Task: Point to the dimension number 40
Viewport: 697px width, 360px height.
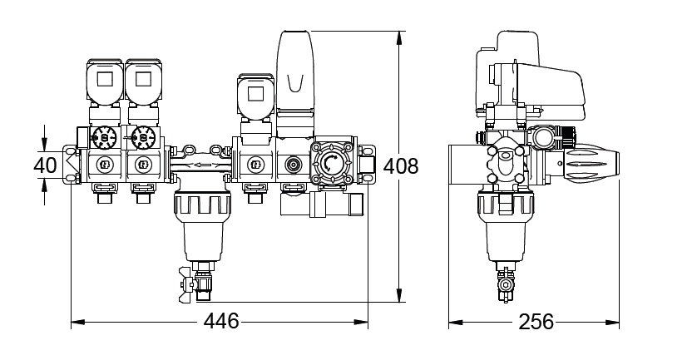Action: pos(46,165)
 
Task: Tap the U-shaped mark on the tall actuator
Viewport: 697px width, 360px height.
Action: pos(294,82)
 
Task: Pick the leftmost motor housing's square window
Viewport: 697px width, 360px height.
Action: pos(105,80)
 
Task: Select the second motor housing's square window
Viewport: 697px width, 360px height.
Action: pos(142,80)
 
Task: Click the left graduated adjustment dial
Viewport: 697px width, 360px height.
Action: pos(106,136)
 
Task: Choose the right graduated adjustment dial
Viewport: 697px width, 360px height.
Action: pos(143,136)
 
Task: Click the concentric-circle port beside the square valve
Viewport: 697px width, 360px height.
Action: pos(292,164)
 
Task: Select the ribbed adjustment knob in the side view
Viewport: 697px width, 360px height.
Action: pos(593,164)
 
